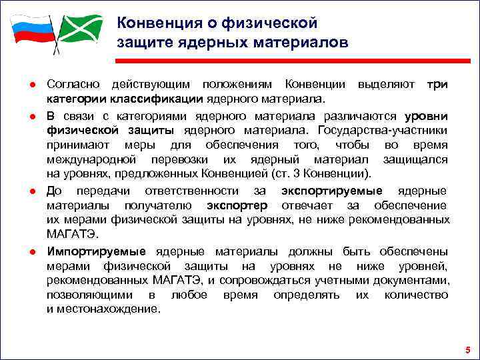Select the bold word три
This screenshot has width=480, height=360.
(437, 85)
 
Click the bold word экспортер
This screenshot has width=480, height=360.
(237, 205)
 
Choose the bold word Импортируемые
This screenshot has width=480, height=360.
(96, 251)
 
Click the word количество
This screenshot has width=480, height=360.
(417, 295)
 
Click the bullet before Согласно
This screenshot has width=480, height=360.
(31, 85)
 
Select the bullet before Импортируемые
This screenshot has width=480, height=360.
(31, 252)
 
